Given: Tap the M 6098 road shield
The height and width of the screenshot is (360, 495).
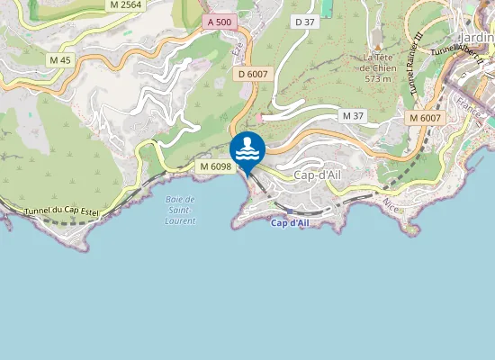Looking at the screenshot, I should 216,166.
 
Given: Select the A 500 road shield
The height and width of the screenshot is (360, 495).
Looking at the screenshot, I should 218,21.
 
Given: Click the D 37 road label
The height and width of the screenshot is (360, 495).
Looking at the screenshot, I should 305,22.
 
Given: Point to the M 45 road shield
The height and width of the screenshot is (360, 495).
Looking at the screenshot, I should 60,60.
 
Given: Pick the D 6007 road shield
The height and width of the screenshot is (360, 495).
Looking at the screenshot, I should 254,75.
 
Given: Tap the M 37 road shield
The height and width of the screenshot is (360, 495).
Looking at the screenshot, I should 352,116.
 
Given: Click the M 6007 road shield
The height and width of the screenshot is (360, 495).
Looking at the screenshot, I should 424,118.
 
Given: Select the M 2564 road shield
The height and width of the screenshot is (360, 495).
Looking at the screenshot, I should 124,4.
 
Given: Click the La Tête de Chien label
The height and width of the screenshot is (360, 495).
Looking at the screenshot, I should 379,61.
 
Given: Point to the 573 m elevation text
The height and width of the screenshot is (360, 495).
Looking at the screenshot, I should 379,78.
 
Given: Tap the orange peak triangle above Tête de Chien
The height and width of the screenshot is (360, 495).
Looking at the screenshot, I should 379,46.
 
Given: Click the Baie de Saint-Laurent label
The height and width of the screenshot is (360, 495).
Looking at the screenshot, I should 182,210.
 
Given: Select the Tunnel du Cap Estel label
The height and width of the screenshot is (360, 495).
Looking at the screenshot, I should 59,211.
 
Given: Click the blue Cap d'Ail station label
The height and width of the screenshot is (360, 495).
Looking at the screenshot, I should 290,222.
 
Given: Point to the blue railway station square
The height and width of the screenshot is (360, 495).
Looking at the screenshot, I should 290,211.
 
